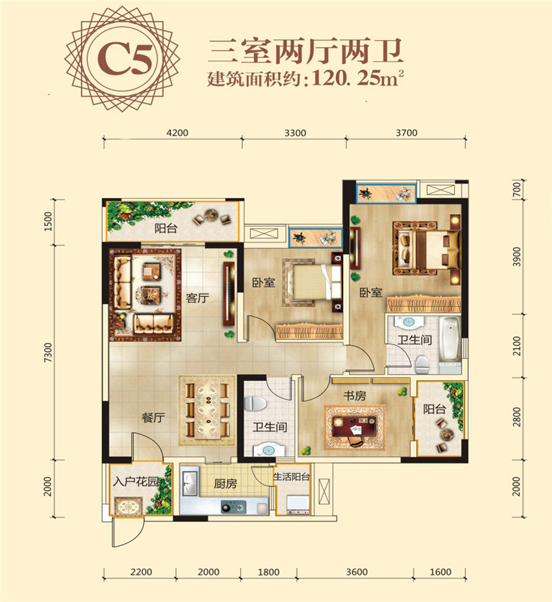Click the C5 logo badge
122,59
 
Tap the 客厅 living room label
197,298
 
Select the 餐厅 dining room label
153,418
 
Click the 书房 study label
355,396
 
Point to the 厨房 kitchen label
225,483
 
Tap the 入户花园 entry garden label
136,481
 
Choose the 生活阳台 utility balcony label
292,477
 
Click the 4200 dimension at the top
177,133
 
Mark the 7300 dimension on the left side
48,353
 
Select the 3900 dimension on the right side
517,257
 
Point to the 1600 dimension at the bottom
440,572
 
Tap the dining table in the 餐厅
208,411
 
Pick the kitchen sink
190,481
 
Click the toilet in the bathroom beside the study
255,403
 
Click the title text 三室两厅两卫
306,52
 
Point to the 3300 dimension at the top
295,133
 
